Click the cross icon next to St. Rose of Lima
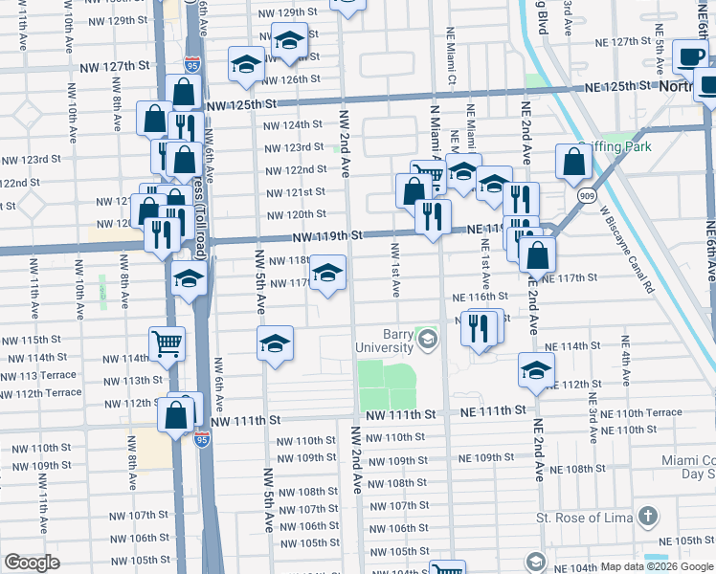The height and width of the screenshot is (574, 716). (648, 518)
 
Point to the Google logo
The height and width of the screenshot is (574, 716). (32, 563)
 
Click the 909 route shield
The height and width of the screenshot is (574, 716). (584, 194)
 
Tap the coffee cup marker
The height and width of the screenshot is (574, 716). (689, 56)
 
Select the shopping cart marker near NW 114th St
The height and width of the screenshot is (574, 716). (167, 343)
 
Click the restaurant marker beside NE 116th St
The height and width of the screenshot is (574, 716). (479, 328)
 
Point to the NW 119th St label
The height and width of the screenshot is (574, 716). (328, 234)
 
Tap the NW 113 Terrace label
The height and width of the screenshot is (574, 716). (41, 376)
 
